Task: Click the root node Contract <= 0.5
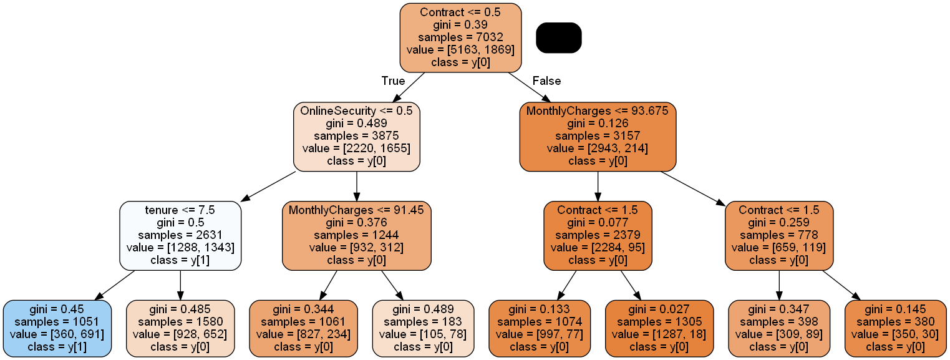460,37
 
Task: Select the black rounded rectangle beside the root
558,37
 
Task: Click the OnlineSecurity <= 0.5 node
356,136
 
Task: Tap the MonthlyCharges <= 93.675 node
598,136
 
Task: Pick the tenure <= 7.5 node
180,235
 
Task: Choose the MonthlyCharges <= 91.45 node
356,235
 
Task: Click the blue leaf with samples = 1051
57,328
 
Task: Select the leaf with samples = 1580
180,328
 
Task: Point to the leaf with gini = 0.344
303,328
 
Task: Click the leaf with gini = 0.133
539,328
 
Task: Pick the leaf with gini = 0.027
659,328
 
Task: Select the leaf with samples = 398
779,328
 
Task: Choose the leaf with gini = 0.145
894,328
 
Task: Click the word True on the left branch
393,81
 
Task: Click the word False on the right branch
546,81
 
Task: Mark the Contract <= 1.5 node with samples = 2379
598,235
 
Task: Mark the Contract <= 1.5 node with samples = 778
779,235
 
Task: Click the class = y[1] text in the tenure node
180,260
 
